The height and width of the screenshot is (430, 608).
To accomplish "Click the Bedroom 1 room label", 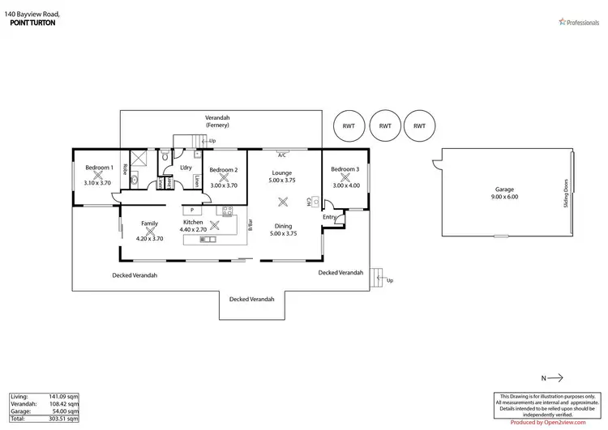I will [98, 168].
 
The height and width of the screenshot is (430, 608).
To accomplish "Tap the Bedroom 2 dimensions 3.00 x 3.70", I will [223, 185].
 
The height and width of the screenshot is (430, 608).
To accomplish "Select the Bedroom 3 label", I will [345, 169].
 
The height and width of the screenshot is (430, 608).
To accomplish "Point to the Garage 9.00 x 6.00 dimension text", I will [503, 197].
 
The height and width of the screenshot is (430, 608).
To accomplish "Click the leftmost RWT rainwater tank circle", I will [349, 126].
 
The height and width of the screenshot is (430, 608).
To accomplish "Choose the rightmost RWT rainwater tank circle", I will [418, 126].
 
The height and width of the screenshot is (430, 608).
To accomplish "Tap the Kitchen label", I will [192, 222].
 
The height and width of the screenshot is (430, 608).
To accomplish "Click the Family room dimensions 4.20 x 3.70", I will [149, 239].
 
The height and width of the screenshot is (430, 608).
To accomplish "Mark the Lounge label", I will [282, 173].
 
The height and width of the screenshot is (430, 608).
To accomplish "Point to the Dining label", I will [282, 226].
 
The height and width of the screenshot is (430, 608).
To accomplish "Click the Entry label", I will [329, 217].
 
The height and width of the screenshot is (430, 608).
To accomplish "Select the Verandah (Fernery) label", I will [217, 121].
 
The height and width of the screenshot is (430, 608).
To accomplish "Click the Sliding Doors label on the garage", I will [565, 194].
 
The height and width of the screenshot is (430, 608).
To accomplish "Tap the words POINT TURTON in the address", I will [35, 23].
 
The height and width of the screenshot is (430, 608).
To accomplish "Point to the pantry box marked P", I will [192, 210].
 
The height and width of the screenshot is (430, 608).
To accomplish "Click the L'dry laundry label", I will [186, 167].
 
